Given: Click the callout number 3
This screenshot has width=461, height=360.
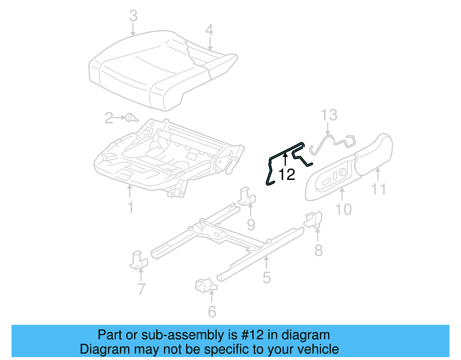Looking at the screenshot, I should click(133, 16).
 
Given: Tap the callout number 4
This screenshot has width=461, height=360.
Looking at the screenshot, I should click(209, 30).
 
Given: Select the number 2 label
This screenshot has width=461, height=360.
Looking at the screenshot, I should click(109, 118).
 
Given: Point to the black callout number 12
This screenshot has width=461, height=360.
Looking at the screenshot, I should click(287, 175).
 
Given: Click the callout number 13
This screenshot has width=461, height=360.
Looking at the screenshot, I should click(329, 115).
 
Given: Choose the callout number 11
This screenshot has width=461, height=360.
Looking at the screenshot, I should click(378, 189).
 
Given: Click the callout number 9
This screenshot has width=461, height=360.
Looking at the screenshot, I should click(251, 225).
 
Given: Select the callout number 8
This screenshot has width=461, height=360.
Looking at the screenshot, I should click(318, 250).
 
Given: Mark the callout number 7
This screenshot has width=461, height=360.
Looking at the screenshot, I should click(141, 289).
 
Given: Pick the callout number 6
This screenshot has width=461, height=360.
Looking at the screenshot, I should click(212, 312).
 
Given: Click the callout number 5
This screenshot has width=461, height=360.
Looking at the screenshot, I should click(267, 278).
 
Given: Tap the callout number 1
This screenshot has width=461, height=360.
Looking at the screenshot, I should click(131, 207).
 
